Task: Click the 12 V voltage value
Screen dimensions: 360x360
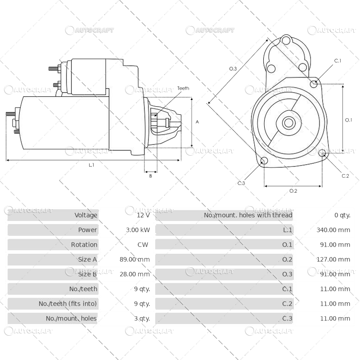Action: click(x=143, y=215)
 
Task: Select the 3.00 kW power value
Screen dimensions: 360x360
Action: click(x=138, y=230)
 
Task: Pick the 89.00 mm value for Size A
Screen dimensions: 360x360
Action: click(x=138, y=260)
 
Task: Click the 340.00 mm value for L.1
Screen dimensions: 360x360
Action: click(x=333, y=230)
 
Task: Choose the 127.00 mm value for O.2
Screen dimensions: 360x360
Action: click(x=333, y=260)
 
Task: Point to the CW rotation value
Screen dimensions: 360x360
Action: click(x=143, y=245)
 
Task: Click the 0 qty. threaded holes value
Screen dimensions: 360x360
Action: click(x=342, y=215)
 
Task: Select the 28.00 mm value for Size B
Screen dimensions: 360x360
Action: click(x=138, y=274)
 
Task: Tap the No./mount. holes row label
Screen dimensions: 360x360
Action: click(x=71, y=319)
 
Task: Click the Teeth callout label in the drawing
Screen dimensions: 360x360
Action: click(x=183, y=88)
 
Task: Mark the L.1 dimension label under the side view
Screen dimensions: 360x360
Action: click(x=91, y=165)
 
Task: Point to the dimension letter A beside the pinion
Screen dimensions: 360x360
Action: click(x=197, y=122)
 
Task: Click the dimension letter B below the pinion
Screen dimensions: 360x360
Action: click(x=150, y=176)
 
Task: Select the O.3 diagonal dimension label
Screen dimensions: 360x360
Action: click(x=233, y=68)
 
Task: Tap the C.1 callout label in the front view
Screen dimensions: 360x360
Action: click(x=337, y=61)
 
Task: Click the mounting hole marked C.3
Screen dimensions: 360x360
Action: click(x=264, y=161)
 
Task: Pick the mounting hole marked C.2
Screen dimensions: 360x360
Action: click(x=322, y=154)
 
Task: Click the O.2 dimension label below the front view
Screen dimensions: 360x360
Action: click(x=293, y=191)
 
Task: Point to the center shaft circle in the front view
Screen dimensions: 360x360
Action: click(x=288, y=122)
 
